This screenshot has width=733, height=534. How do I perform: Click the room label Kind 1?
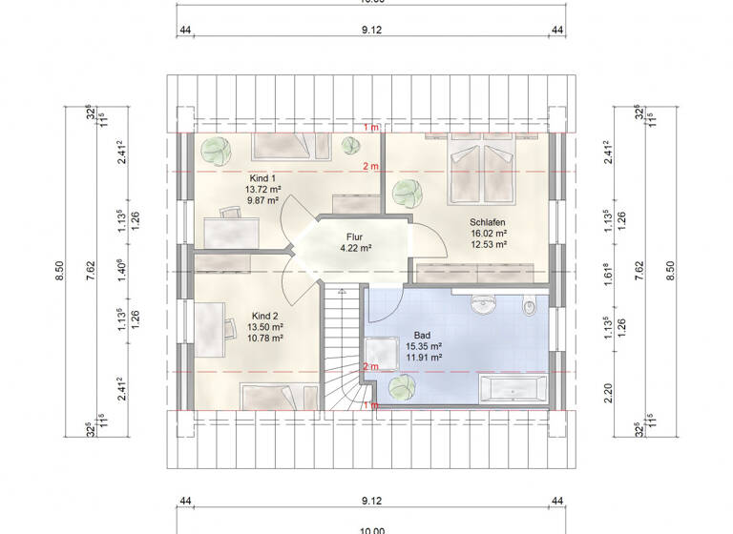pyautogui.click(x=262, y=178)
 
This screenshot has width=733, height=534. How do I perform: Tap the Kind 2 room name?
pyautogui.click(x=264, y=315)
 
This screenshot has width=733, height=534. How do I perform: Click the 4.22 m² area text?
pyautogui.click(x=355, y=248)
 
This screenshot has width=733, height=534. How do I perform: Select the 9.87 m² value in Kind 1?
pyautogui.click(x=262, y=201)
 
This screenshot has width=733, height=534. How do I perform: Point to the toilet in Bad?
pyautogui.click(x=530, y=307)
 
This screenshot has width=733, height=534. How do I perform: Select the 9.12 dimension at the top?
pyautogui.click(x=372, y=30)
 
